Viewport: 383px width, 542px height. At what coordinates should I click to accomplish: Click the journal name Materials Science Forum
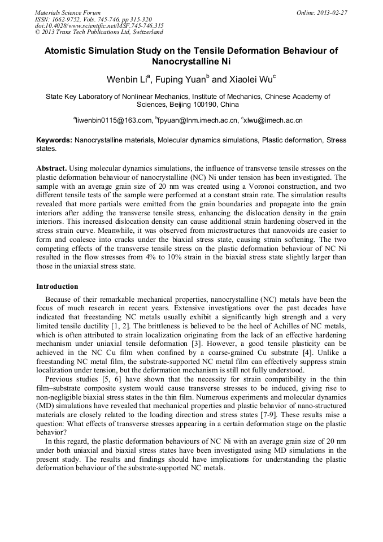[68, 12]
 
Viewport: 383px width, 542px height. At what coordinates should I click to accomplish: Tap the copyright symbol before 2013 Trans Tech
[37, 32]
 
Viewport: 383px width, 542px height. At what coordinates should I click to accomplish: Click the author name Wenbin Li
[124, 79]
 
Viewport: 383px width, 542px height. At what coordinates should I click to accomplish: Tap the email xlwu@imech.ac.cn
[273, 120]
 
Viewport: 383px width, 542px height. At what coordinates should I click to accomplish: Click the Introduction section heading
[57, 287]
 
